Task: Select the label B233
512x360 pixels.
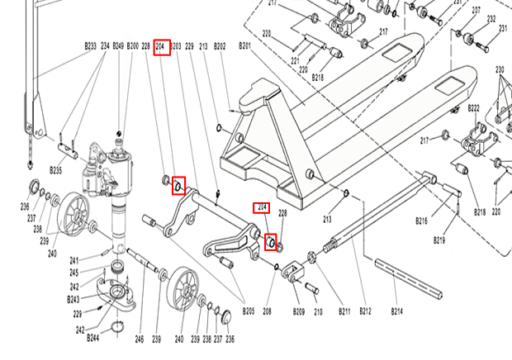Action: coord(91,46)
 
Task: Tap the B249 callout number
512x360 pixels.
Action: coord(118,46)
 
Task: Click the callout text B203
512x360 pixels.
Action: coord(175,46)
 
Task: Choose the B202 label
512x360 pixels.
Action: coord(220,46)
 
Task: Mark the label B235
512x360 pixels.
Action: coord(56,170)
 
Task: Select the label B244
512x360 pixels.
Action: coord(92,338)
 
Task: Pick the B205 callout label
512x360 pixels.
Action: coord(249,310)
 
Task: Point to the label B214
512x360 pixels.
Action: coord(396,312)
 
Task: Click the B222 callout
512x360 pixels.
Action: coord(473,109)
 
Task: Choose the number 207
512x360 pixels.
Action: coord(476,11)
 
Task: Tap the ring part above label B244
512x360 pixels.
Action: coord(118,326)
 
